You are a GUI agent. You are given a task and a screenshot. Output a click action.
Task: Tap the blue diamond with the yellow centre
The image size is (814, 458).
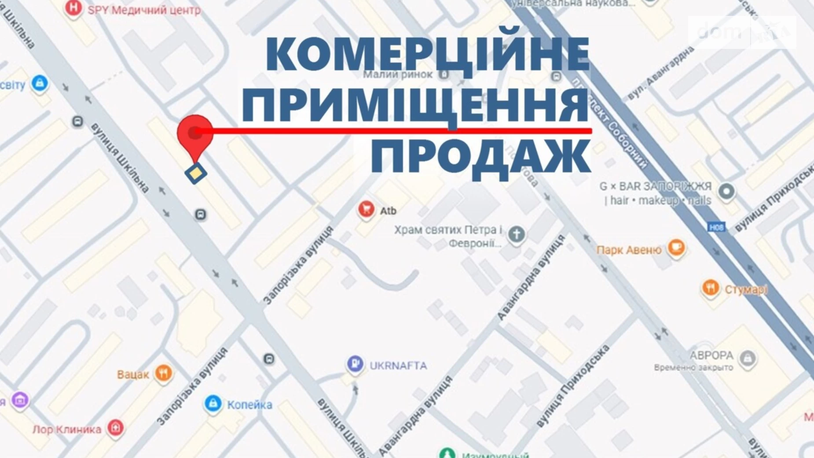(196, 173)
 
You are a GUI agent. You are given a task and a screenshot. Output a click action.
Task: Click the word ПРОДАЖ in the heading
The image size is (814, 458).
(480, 157)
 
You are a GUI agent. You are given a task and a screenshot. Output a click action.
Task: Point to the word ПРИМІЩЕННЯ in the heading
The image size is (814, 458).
(415, 106)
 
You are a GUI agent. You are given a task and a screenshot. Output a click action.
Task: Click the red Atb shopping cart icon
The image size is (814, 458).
(366, 210)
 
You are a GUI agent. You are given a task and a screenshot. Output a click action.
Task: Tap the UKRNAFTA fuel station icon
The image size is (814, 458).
(355, 364)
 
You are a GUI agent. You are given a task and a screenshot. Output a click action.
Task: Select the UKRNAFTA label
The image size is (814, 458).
(398, 366)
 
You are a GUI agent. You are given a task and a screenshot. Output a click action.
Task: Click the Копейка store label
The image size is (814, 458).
(249, 405)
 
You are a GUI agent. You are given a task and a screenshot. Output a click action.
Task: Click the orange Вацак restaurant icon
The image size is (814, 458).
(163, 373)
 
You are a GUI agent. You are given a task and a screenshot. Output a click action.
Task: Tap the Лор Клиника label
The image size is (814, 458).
(67, 429)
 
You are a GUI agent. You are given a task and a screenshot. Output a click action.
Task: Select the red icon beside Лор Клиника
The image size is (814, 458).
(115, 428)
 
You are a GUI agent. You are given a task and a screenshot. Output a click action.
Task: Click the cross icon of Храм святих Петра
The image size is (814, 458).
(517, 234)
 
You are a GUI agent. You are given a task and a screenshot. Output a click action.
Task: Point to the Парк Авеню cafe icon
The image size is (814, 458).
(676, 247)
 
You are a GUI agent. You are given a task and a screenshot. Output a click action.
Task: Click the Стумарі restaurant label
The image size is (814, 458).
(746, 289)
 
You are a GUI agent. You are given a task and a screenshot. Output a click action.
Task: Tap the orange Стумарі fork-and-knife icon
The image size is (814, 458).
(710, 288)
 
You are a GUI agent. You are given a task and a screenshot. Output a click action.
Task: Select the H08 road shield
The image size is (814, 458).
(716, 227)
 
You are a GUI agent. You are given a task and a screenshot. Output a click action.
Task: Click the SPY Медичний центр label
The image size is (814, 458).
(144, 10)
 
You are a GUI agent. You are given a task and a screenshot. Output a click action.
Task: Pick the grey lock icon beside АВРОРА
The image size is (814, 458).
(748, 358)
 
